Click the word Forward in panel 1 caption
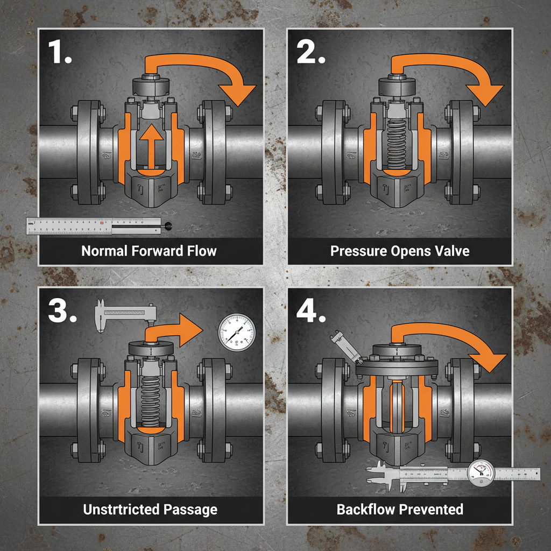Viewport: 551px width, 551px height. pos(155,251)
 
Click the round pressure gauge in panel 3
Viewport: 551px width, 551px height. pos(237,330)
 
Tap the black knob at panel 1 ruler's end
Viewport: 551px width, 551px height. pos(169,227)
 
